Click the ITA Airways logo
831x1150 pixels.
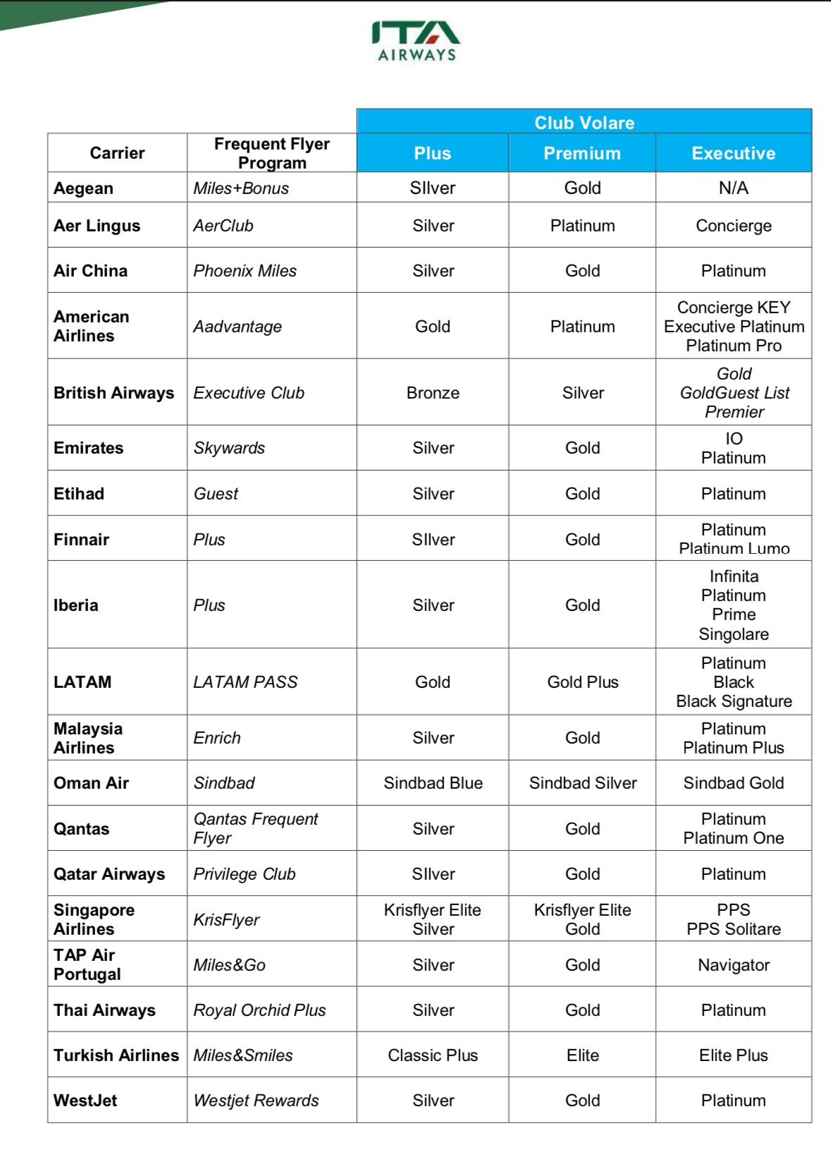click(x=416, y=41)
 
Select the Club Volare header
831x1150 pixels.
click(x=584, y=123)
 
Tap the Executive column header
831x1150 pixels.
click(x=733, y=153)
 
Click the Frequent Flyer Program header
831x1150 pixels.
click(x=271, y=153)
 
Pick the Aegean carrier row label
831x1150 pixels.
click(x=83, y=188)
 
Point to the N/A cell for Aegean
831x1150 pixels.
click(x=733, y=188)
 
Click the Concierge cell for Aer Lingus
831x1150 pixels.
click(x=733, y=226)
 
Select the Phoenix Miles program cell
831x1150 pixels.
click(x=245, y=271)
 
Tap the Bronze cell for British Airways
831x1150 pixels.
click(x=433, y=393)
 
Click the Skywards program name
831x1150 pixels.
click(x=229, y=448)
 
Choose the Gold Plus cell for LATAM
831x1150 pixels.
click(x=583, y=682)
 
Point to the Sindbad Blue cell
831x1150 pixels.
click(x=433, y=783)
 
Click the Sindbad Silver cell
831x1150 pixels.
click(x=583, y=783)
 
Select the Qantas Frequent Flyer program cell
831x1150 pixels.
click(x=255, y=828)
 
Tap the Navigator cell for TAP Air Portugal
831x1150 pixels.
click(x=733, y=965)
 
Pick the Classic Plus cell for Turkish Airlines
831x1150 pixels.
click(x=433, y=1055)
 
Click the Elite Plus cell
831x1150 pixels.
click(x=733, y=1055)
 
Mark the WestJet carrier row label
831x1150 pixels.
click(x=85, y=1101)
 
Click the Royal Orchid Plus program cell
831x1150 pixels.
click(x=259, y=1010)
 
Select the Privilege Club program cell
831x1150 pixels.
click(x=244, y=874)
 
